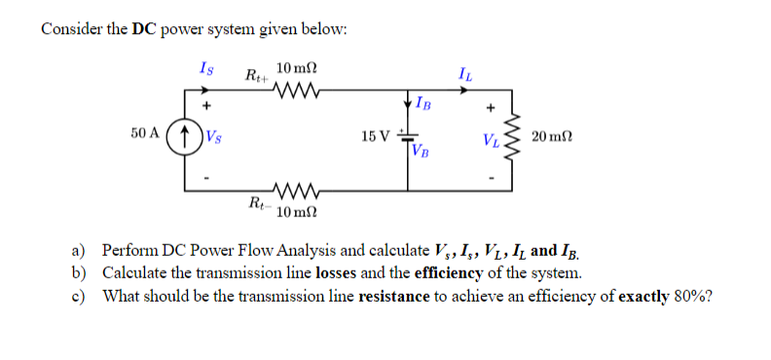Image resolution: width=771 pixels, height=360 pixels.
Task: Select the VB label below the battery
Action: tap(421, 151)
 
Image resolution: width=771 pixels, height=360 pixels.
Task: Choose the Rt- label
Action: tap(257, 203)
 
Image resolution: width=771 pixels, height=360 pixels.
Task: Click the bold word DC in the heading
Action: tap(145, 28)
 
